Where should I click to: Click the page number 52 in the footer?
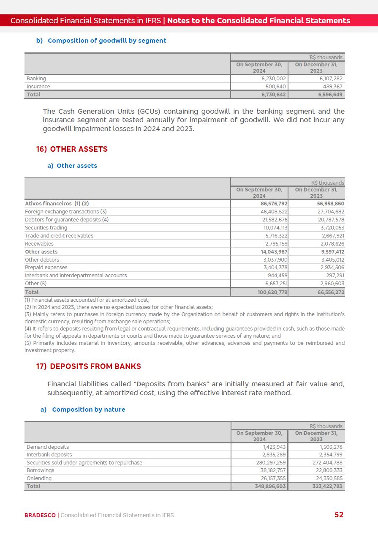pyautogui.click(x=339, y=514)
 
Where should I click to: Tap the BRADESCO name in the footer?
pyautogui.click(x=40, y=515)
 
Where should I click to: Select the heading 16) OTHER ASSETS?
pyautogui.click(x=72, y=149)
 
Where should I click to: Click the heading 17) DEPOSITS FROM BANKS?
pyautogui.click(x=89, y=366)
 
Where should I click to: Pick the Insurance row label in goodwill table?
pyautogui.click(x=38, y=87)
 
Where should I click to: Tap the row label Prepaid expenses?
pyautogui.click(x=46, y=268)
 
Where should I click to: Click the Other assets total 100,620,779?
pyautogui.click(x=272, y=292)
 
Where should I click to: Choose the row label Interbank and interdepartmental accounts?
pyautogui.click(x=76, y=276)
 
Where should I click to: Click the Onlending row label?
pyautogui.click(x=39, y=478)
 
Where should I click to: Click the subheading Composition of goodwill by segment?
pyautogui.click(x=107, y=41)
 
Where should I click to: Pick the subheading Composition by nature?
pyautogui.click(x=88, y=410)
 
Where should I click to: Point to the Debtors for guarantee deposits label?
pyautogui.click(x=67, y=220)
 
